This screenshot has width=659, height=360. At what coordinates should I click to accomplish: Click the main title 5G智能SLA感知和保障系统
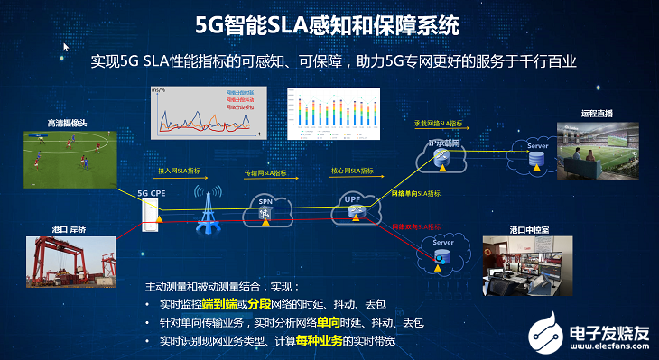[x=329, y=24]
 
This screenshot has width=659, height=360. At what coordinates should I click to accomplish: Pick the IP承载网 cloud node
[x=441, y=155]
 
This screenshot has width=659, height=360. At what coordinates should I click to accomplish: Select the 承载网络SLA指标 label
[x=439, y=123]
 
